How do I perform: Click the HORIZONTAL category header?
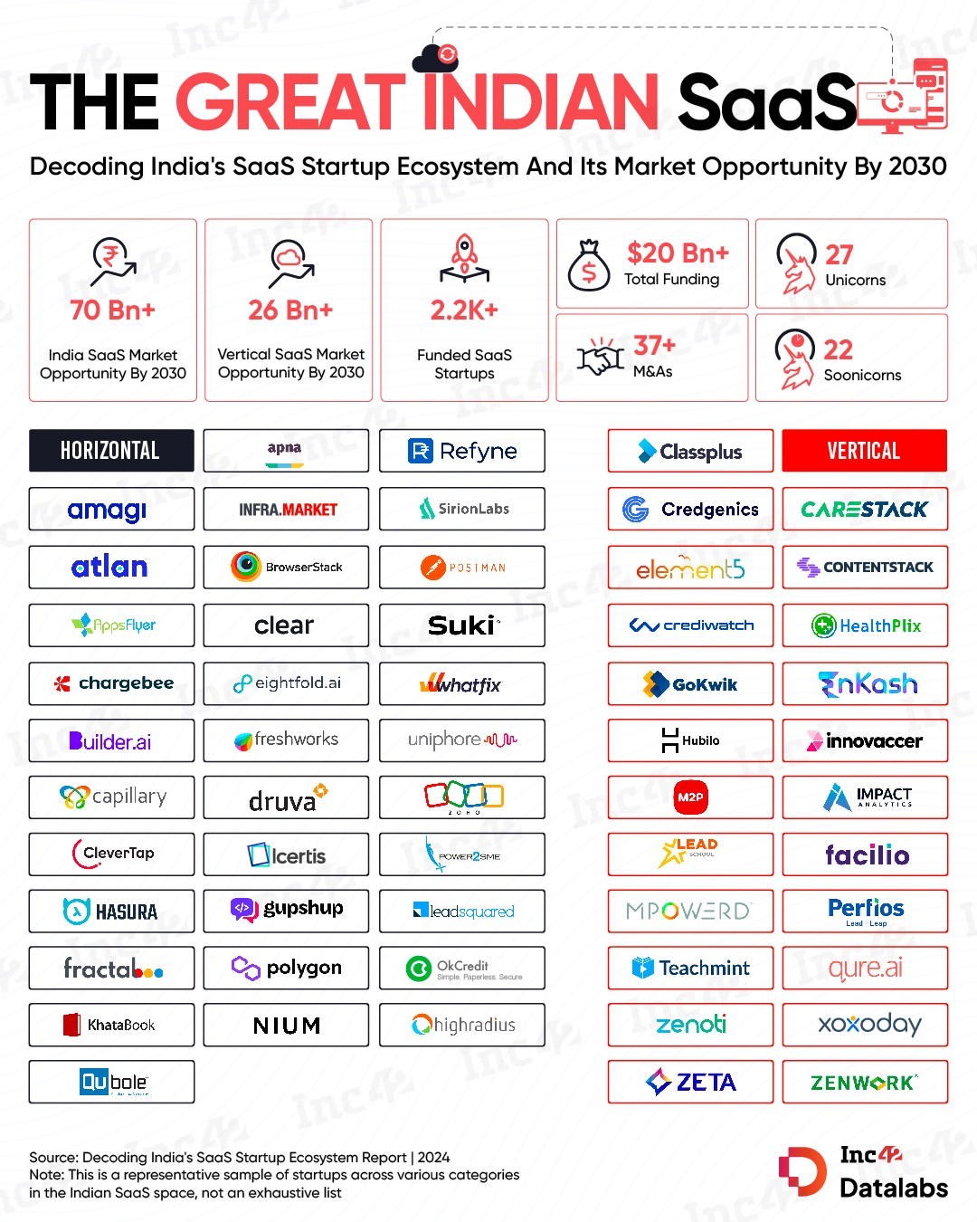pyautogui.click(x=110, y=450)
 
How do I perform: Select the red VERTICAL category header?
pyautogui.click(x=864, y=451)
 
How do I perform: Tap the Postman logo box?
pyautogui.click(x=462, y=568)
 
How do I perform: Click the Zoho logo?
pyautogui.click(x=462, y=797)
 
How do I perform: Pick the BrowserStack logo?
pyautogui.click(x=287, y=568)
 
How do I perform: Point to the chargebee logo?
pyautogui.click(x=112, y=683)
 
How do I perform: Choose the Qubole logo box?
pyautogui.click(x=112, y=1082)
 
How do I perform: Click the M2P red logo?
pyautogui.click(x=690, y=797)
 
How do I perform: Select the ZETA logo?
pyautogui.click(x=690, y=1082)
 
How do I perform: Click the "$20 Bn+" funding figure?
pyautogui.click(x=678, y=253)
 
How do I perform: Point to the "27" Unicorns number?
pyautogui.click(x=839, y=254)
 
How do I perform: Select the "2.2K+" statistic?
pyautogui.click(x=464, y=310)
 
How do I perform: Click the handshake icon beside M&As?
pyautogui.click(x=601, y=358)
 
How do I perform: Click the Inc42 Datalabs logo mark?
pyautogui.click(x=802, y=1172)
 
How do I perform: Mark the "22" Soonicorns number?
pyautogui.click(x=838, y=349)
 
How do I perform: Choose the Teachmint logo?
pyautogui.click(x=690, y=968)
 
